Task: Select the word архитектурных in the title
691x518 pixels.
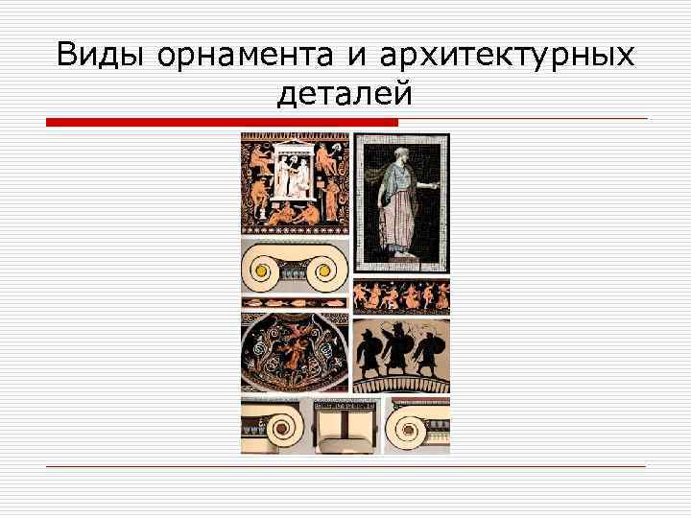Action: (506, 57)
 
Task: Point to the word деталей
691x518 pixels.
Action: (345, 94)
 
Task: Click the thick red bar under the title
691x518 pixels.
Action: (222, 123)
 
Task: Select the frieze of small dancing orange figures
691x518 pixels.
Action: (401, 296)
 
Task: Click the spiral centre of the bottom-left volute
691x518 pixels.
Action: (285, 422)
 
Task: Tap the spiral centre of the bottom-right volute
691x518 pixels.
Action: (406, 422)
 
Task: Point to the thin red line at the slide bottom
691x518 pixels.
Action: (345, 466)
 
